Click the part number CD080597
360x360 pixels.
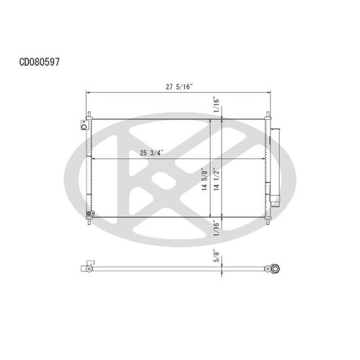pyautogui.click(x=39, y=62)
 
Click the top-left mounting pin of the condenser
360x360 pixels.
pyautogui.click(x=89, y=115)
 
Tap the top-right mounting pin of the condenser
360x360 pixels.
pyautogui.click(x=268, y=115)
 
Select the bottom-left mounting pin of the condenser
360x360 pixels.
pyautogui.click(x=89, y=221)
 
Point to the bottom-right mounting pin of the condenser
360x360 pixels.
pyautogui.click(x=268, y=221)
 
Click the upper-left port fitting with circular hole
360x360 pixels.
pyautogui.click(x=85, y=125)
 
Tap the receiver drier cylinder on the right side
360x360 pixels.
pyautogui.click(x=275, y=165)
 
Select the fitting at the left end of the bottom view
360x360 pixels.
pyautogui.click(x=86, y=267)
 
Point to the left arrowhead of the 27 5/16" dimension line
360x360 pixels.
pyautogui.click(x=88, y=92)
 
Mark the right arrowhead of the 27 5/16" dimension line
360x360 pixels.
pyautogui.click(x=269, y=92)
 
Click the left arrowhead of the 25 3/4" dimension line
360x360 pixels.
pyautogui.click(x=94, y=159)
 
